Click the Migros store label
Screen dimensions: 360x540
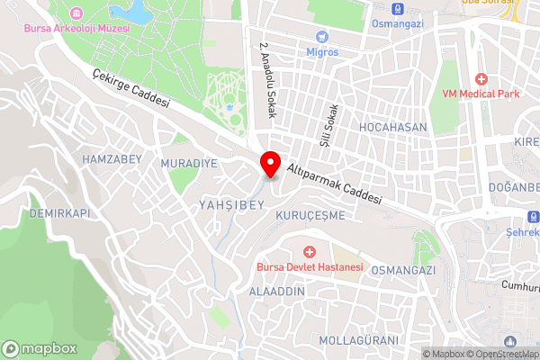(322, 51)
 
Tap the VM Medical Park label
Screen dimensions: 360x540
(482, 93)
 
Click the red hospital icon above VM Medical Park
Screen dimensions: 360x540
(482, 78)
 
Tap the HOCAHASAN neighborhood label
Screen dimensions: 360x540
(392, 128)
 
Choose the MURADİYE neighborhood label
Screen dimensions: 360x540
(189, 164)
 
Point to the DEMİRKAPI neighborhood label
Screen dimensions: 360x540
(60, 213)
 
